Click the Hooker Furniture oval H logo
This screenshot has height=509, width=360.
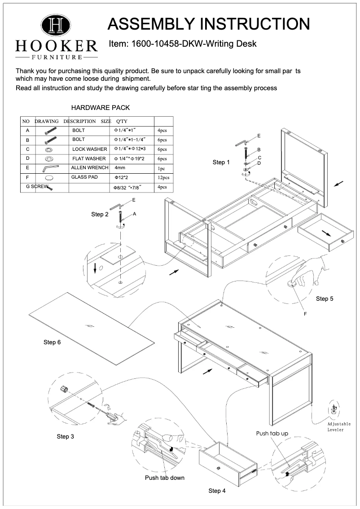pos(56,26)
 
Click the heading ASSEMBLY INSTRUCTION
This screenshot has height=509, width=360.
pos(209,24)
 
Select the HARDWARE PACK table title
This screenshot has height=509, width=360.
pos(101,108)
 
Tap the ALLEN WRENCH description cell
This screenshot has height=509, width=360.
pos(90,167)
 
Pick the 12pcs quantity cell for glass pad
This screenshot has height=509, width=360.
pos(162,178)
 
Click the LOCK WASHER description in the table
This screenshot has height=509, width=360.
pos(90,149)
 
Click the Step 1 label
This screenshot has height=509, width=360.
pos(220,162)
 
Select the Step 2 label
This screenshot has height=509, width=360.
pos(100,215)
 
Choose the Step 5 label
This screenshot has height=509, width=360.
pos(325,298)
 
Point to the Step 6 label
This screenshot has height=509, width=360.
pos(52,342)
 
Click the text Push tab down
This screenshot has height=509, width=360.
pos(165,478)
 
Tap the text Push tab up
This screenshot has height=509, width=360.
pos(272,434)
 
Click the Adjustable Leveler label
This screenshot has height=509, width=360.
pos(339,427)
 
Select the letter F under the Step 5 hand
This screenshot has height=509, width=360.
pos(305,314)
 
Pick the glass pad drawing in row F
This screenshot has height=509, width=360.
pos(49,178)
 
